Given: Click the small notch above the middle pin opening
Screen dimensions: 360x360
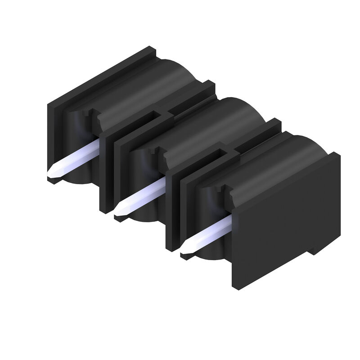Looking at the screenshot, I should pyautogui.click(x=158, y=152).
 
